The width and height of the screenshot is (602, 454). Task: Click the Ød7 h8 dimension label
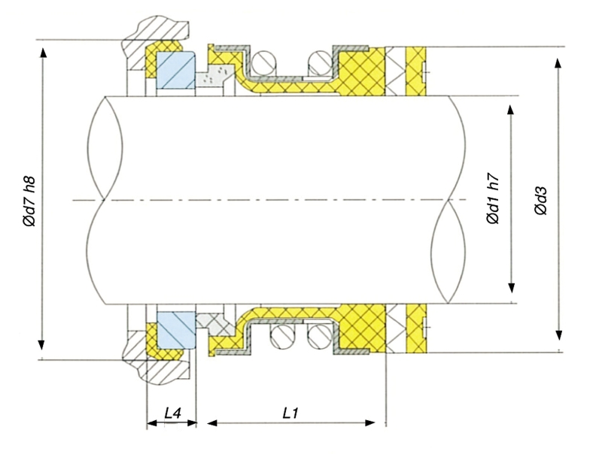(29, 201)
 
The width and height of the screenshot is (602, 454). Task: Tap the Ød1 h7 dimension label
(493, 198)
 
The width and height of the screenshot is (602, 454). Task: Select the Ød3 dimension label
(540, 201)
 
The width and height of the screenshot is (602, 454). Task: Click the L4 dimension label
(173, 413)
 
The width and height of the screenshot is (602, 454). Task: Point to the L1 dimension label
(290, 413)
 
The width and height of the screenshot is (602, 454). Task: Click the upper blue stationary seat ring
(176, 71)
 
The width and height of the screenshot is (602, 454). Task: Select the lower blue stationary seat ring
(176, 330)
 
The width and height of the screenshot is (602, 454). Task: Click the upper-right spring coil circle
(321, 63)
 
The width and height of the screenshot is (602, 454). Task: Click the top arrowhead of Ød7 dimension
(43, 53)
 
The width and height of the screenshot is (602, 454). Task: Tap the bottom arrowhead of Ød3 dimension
(559, 335)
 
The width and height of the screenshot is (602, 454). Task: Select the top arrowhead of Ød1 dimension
(511, 109)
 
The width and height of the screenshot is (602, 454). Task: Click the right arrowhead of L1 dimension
(369, 423)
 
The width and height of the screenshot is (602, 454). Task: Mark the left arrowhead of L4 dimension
(153, 423)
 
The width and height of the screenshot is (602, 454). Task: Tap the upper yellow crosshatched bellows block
(362, 71)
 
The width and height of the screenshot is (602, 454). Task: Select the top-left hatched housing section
(155, 38)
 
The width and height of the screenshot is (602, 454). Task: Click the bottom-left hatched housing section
(155, 361)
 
